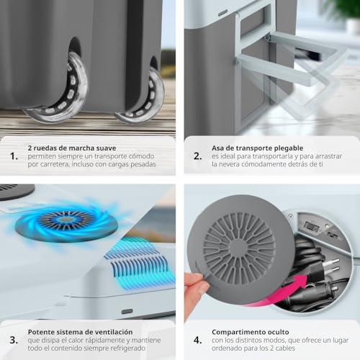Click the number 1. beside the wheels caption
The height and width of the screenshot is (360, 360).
(14, 156)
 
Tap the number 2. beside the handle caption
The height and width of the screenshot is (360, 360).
(197, 156)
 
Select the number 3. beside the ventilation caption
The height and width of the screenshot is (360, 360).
(14, 340)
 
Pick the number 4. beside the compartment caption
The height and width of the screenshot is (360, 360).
(198, 340)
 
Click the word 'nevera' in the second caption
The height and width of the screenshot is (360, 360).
(230, 164)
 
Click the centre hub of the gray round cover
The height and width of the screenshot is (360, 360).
(239, 247)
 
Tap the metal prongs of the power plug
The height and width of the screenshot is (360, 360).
(333, 266)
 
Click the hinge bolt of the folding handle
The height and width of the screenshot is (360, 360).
(268, 37)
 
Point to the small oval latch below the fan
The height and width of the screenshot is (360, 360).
(127, 312)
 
